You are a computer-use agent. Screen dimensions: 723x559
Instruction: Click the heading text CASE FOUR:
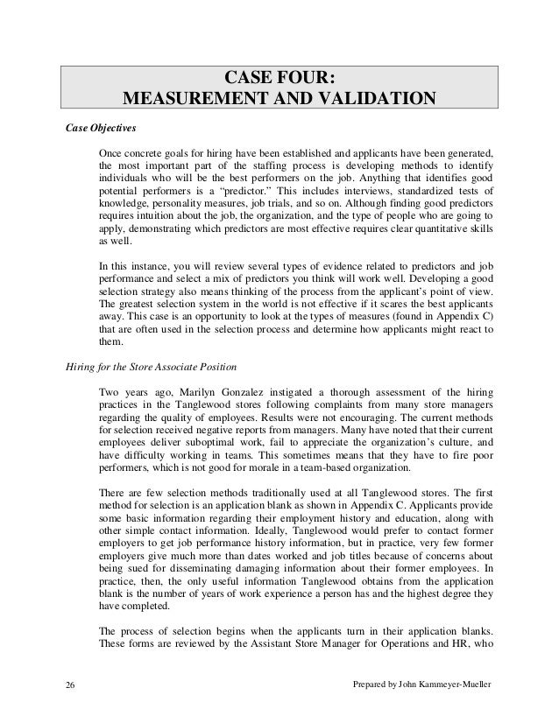point(279,73)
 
